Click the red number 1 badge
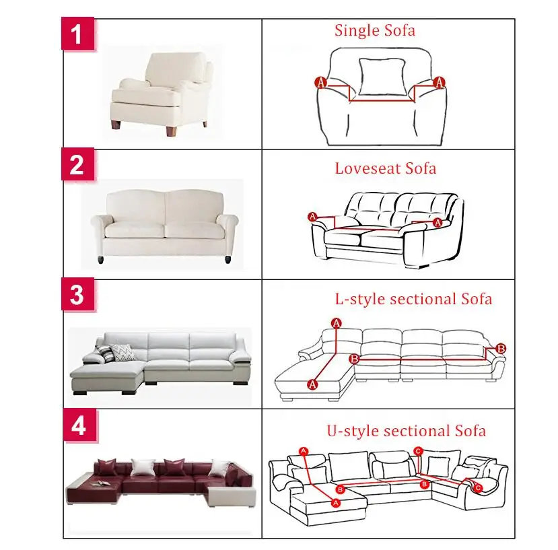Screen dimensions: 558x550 [78, 34]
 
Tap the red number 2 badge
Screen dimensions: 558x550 [78, 164]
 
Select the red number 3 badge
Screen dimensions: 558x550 [78, 294]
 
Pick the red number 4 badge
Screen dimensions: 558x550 [79, 425]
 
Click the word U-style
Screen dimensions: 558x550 [353, 431]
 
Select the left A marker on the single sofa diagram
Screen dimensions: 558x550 [320, 83]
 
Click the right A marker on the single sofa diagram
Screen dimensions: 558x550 [440, 82]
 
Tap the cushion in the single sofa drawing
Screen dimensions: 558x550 [382, 77]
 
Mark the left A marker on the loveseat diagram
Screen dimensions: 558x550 [312, 217]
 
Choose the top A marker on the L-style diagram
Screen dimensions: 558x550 [337, 323]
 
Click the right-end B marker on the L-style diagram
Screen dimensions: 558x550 [501, 348]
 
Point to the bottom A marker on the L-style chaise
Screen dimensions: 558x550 [312, 384]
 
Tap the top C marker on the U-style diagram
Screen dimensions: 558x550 [418, 452]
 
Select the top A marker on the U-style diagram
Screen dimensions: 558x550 [303, 452]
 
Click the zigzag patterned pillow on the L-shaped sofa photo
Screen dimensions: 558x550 [122, 352]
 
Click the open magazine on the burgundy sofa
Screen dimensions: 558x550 [100, 483]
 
